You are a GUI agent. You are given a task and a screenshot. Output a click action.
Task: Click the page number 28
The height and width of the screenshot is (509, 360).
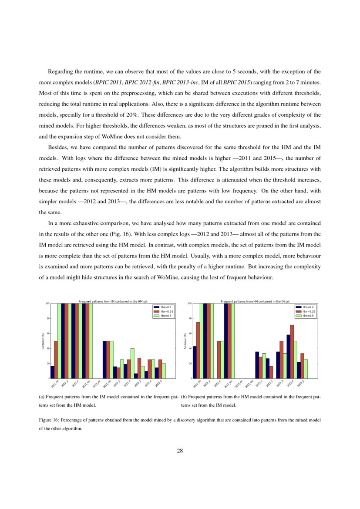coord(180,451)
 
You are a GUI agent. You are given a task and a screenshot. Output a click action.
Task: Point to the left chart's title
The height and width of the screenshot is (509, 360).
coord(113,301)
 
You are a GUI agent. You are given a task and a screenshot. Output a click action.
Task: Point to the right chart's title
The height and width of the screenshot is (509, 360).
coord(255,301)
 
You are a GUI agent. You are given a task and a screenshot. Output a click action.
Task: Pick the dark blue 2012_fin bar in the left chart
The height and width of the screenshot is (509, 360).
coord(52,372)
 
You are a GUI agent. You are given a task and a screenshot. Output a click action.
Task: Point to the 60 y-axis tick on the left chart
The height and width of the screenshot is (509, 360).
coord(47,334)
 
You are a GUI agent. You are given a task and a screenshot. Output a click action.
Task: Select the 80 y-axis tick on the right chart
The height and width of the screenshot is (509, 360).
coord(189,319)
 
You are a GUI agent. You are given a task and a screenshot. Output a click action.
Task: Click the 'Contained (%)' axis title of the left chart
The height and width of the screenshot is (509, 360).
coord(43,341)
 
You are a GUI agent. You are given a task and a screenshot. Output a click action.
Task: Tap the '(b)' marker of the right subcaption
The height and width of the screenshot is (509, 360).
coord(184,397)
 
